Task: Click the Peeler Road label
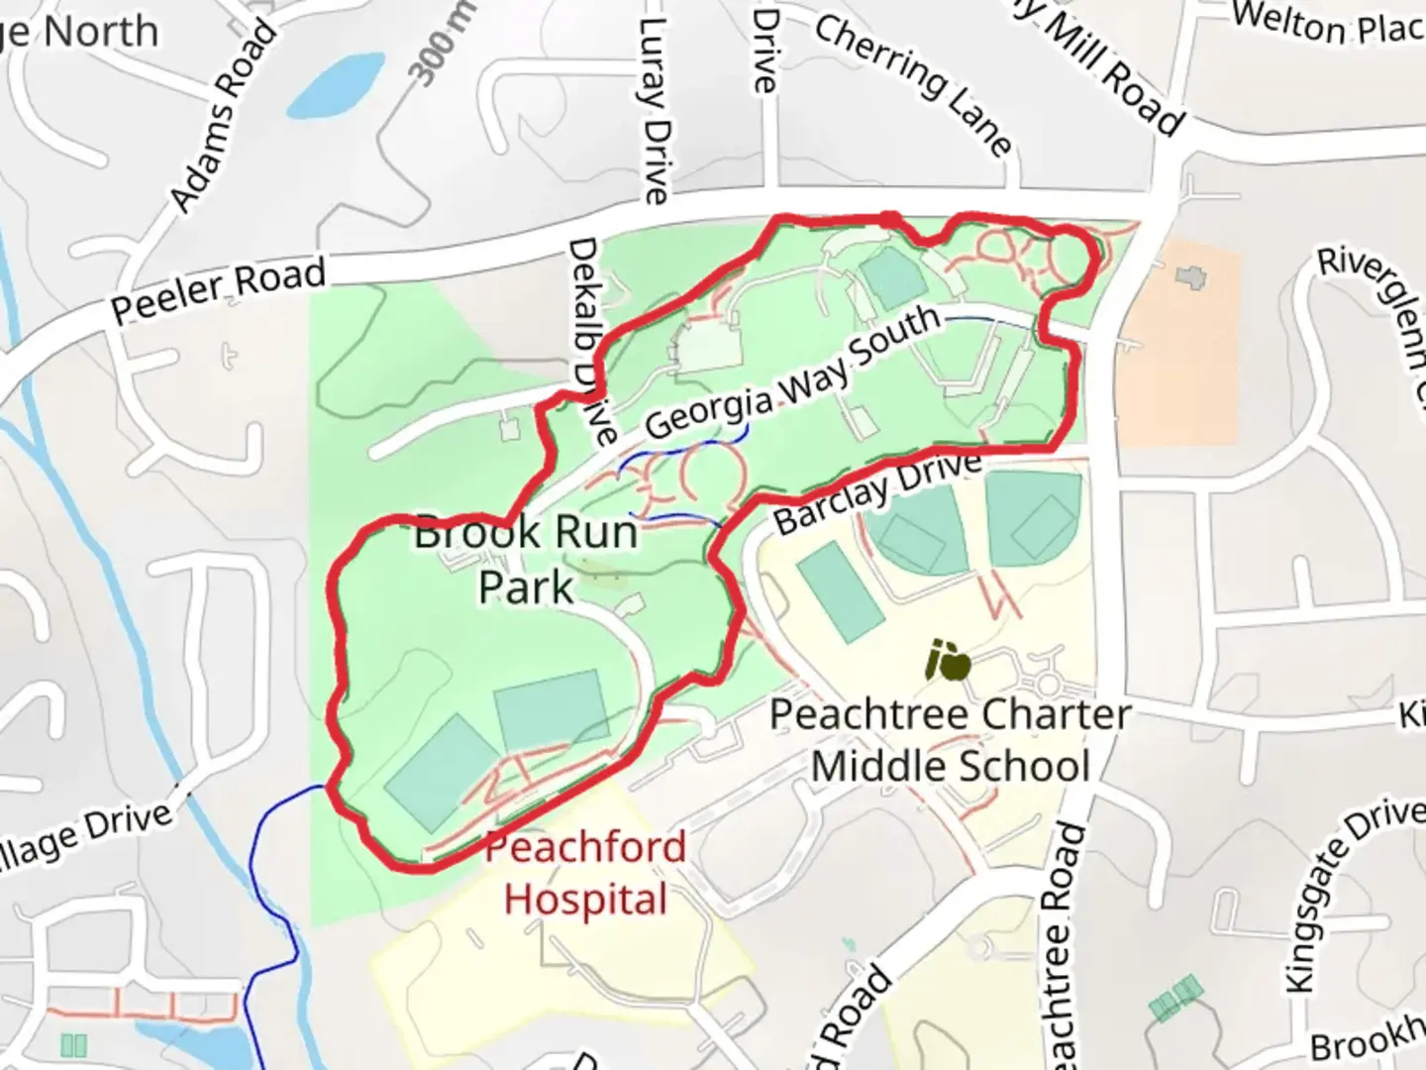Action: tap(218, 291)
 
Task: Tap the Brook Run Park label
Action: tap(526, 560)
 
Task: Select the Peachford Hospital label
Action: tap(585, 874)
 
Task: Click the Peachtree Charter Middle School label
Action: tap(950, 740)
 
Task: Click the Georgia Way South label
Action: tap(792, 373)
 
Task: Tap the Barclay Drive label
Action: tap(877, 490)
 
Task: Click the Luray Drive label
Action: tap(655, 109)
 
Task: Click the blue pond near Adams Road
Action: tap(336, 84)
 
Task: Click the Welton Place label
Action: tap(1327, 24)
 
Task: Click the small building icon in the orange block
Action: tap(1191, 274)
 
